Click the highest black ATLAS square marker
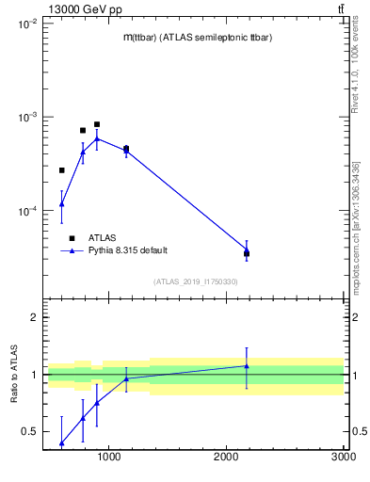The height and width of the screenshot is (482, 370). (x=97, y=124)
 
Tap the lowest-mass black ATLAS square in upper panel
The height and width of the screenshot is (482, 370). (x=62, y=170)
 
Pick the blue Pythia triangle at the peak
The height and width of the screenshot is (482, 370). (x=97, y=138)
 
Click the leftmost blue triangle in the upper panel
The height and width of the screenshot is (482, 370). (x=62, y=203)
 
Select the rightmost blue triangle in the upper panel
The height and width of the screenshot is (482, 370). (x=247, y=249)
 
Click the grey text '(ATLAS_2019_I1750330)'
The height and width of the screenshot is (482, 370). (x=195, y=281)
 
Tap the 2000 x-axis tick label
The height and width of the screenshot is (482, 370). (x=226, y=458)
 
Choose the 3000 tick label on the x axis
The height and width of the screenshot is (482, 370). (x=342, y=458)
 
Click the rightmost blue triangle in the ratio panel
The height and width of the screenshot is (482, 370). (x=247, y=366)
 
